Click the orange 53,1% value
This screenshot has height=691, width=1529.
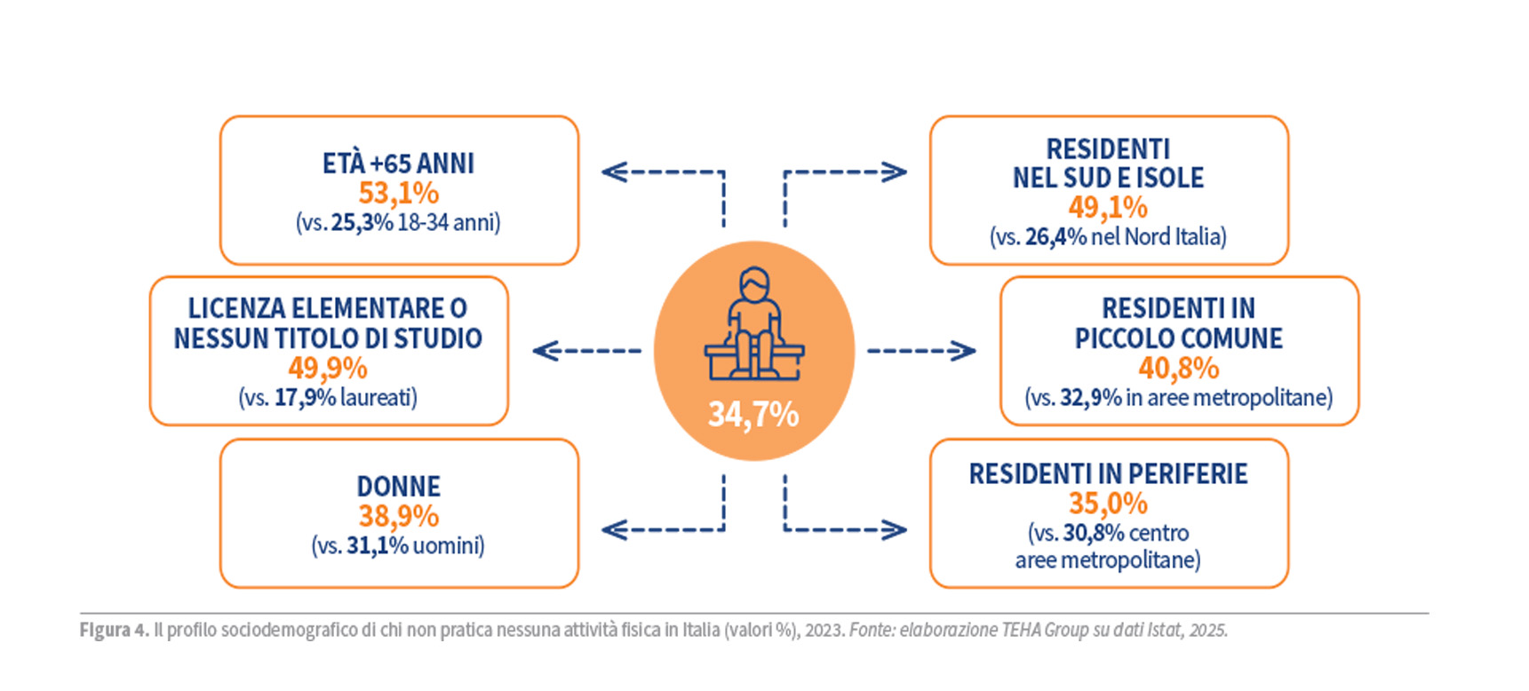click(x=398, y=193)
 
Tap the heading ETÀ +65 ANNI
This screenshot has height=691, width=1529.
click(x=398, y=163)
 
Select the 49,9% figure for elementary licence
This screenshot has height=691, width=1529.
click(x=328, y=368)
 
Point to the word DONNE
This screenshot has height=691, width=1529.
click(x=398, y=487)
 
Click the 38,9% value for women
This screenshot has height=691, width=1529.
click(x=398, y=516)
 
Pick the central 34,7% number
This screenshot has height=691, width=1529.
click(x=753, y=414)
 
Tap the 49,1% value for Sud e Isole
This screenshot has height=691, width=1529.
click(x=1108, y=207)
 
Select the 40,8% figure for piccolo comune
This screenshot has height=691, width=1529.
click(x=1179, y=368)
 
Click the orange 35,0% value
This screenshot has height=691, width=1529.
click(x=1108, y=504)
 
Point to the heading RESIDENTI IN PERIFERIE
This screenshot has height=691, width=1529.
click(x=1108, y=474)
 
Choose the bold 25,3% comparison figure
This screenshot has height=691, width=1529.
click(x=362, y=222)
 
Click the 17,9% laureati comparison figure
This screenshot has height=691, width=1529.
click(x=305, y=397)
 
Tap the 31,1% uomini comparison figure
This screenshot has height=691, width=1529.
click(x=378, y=545)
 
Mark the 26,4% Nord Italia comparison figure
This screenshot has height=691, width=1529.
click(x=1055, y=236)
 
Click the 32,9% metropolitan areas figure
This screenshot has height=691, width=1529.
click(x=1090, y=397)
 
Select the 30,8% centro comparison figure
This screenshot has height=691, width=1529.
click(x=1094, y=533)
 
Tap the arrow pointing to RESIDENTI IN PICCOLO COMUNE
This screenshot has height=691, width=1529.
click(x=921, y=351)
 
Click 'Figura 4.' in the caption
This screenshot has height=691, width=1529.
click(x=114, y=631)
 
